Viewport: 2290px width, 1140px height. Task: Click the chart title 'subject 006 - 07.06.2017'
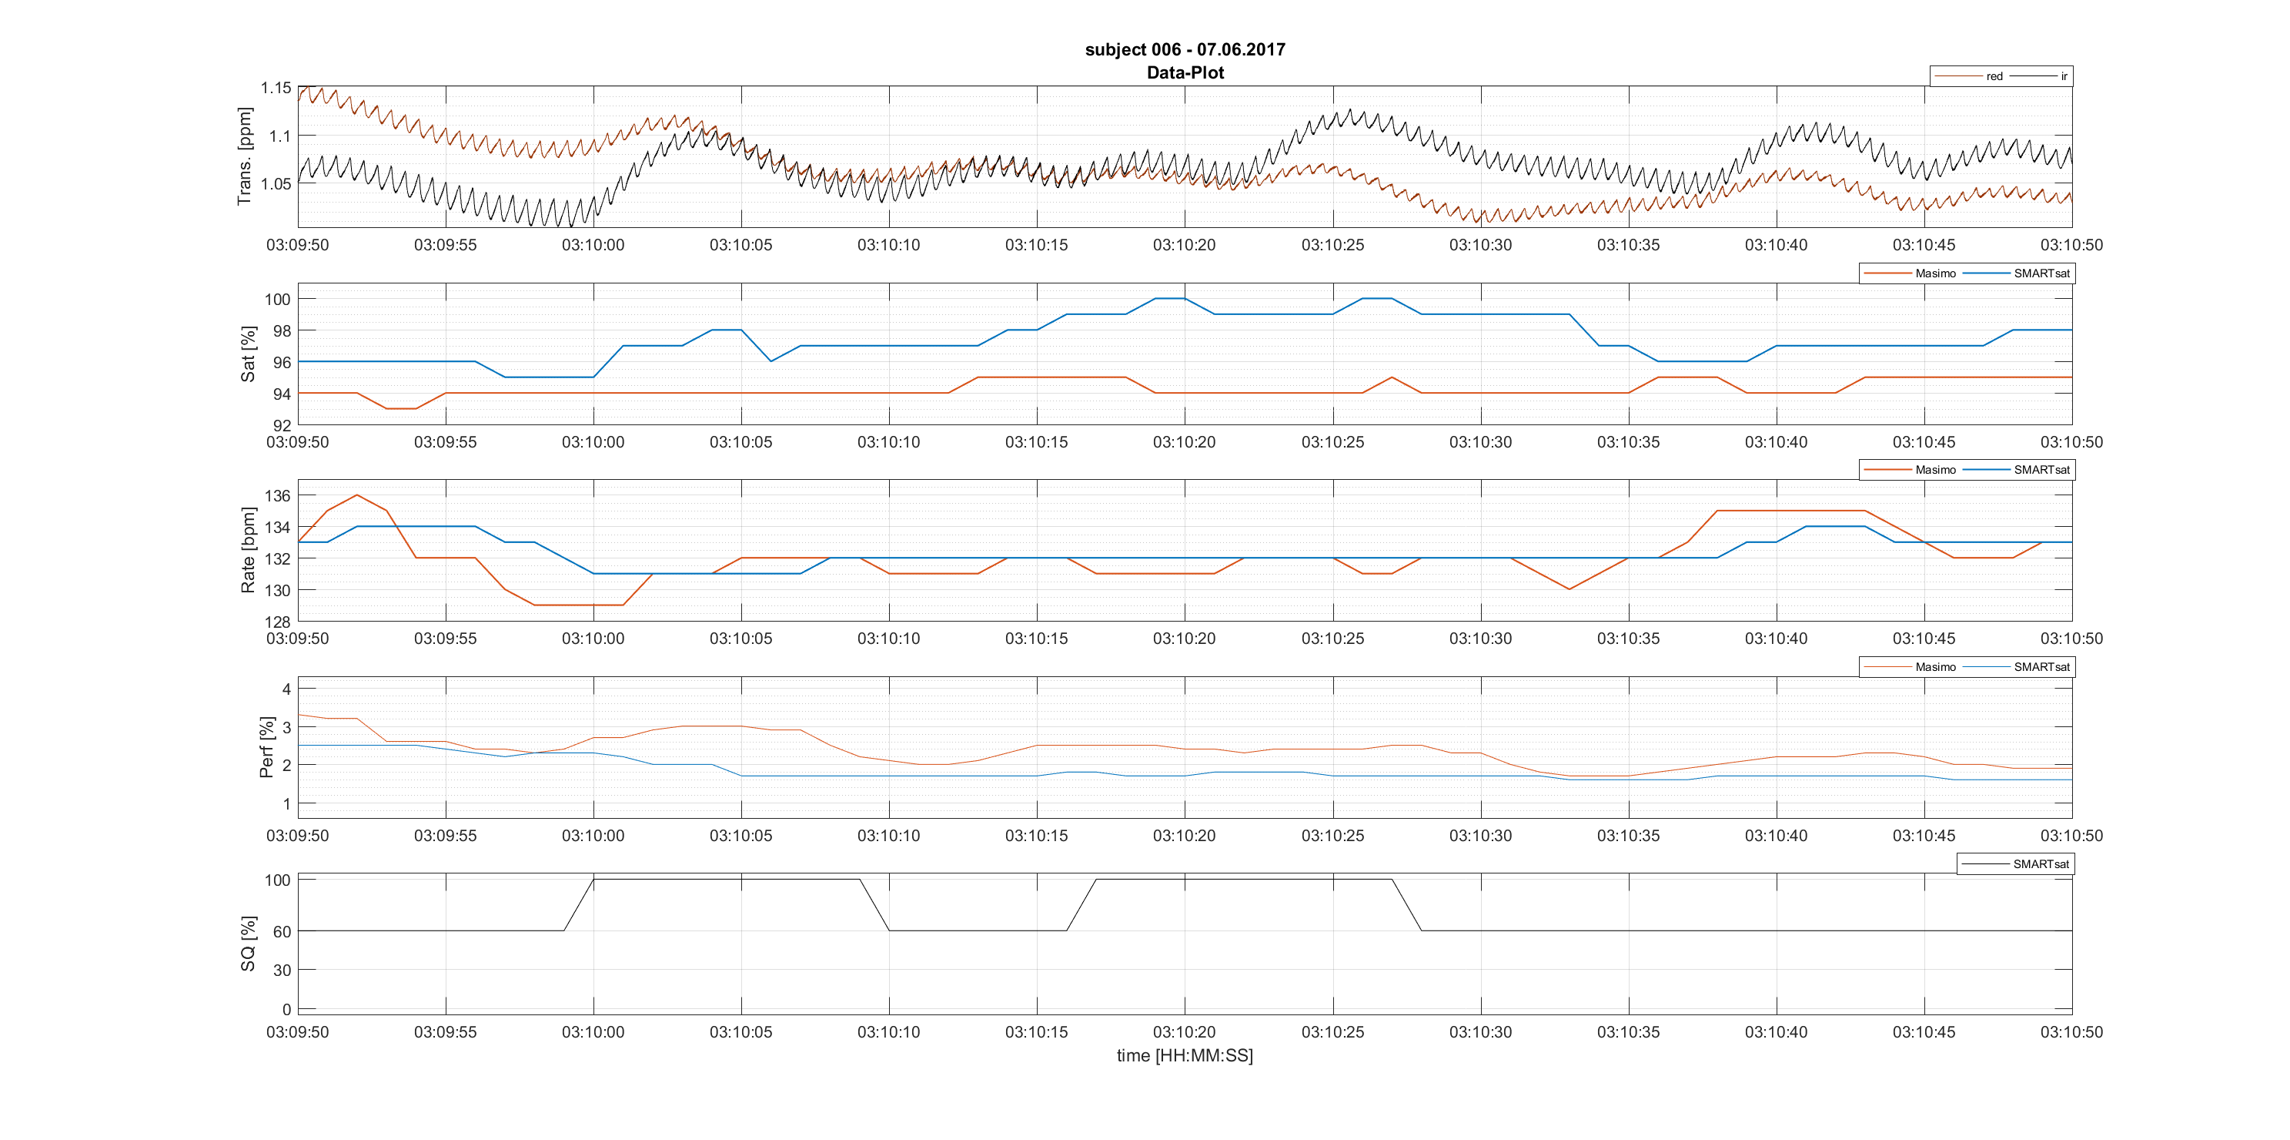click(1184, 50)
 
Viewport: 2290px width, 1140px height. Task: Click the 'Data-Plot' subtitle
click(1184, 73)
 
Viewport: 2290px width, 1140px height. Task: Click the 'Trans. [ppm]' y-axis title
click(245, 156)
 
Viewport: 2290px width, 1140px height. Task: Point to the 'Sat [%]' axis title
click(248, 354)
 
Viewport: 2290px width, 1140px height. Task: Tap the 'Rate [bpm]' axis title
click(248, 551)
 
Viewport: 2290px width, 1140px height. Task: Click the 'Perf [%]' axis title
click(266, 747)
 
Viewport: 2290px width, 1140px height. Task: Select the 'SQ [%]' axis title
click(248, 944)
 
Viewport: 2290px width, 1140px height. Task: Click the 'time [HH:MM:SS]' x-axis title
click(1184, 1055)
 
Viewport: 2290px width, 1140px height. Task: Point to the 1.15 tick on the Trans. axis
click(276, 88)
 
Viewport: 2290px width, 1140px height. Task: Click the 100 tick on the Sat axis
click(277, 300)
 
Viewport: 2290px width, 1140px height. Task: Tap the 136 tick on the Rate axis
click(277, 496)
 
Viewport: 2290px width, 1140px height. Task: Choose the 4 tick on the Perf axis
click(286, 689)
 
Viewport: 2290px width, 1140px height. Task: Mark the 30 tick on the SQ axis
click(282, 971)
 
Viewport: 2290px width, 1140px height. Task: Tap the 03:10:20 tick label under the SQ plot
click(1184, 1032)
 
